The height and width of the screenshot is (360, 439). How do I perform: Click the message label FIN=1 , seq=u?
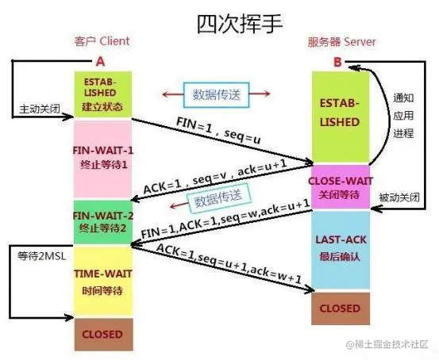pyautogui.click(x=220, y=129)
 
